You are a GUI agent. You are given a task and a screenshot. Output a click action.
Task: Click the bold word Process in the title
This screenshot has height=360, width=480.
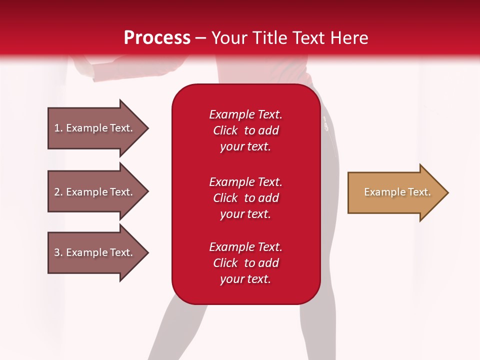point(157,38)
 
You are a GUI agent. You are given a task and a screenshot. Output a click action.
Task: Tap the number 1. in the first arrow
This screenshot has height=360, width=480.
point(58,128)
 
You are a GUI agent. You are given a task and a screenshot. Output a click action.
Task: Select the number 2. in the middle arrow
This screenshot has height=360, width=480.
point(58,192)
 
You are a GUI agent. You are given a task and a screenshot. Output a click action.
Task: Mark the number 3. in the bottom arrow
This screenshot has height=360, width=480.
point(58,252)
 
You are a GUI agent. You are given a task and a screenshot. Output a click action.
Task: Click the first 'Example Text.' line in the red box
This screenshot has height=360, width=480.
point(245,114)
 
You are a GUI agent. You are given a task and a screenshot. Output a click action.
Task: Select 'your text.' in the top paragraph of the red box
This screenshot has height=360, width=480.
point(245,147)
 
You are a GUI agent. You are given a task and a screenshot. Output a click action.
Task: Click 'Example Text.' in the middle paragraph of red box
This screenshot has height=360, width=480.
point(245,181)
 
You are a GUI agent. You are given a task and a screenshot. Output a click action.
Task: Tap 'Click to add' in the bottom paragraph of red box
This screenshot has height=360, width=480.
point(245,263)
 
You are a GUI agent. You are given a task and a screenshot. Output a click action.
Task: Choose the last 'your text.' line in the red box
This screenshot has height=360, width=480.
point(245,279)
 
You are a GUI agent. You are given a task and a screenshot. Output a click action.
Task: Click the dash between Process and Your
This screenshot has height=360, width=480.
point(201,38)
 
